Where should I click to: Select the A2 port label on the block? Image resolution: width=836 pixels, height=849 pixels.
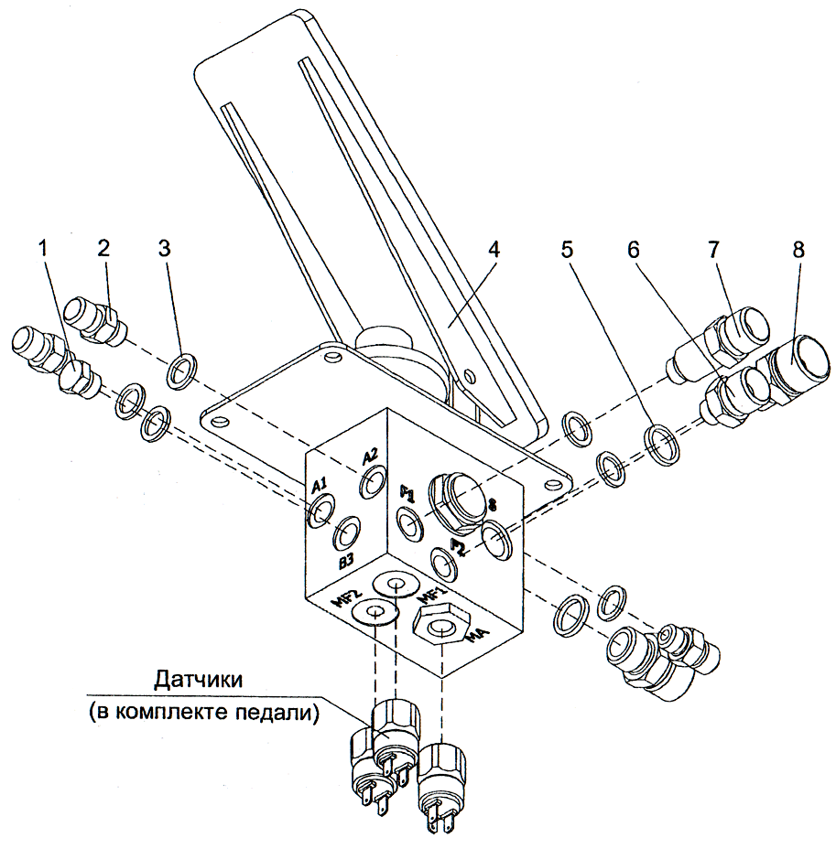pyautogui.click(x=371, y=457)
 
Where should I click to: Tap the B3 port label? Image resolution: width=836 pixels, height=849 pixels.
pyautogui.click(x=347, y=562)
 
